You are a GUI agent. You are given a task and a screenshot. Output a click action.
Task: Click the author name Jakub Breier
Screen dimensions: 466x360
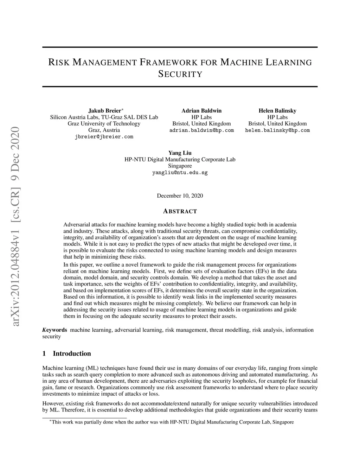point(104,111)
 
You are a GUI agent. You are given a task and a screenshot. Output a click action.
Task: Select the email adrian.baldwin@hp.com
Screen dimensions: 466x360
point(201,130)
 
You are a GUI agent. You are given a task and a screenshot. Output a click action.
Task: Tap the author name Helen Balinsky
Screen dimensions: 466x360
point(277,111)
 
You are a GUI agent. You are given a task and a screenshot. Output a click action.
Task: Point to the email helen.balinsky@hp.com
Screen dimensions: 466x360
point(277,130)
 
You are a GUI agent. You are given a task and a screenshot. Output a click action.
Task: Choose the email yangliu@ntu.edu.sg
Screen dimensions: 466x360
point(180,173)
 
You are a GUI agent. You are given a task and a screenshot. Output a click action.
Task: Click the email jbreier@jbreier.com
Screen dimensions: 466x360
point(104,137)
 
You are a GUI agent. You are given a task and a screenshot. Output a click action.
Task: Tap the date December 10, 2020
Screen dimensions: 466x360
point(180,196)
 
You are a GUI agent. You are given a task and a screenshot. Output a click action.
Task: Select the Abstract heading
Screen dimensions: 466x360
point(180,211)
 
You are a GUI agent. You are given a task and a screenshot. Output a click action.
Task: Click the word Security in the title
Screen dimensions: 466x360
point(180,74)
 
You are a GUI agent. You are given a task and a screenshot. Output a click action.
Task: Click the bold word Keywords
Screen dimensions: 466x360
point(54,330)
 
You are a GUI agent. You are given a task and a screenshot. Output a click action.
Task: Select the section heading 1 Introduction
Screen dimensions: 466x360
point(66,353)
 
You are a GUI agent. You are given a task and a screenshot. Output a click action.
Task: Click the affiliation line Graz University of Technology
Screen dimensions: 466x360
point(104,124)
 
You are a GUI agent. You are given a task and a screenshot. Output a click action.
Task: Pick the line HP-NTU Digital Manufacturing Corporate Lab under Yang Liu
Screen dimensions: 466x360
point(180,160)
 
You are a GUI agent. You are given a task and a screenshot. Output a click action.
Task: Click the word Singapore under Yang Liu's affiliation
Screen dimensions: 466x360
point(180,166)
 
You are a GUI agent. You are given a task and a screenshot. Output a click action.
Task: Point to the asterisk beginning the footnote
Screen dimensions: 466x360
point(50,421)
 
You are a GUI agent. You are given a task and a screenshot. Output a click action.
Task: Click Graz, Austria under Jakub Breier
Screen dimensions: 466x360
point(104,130)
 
